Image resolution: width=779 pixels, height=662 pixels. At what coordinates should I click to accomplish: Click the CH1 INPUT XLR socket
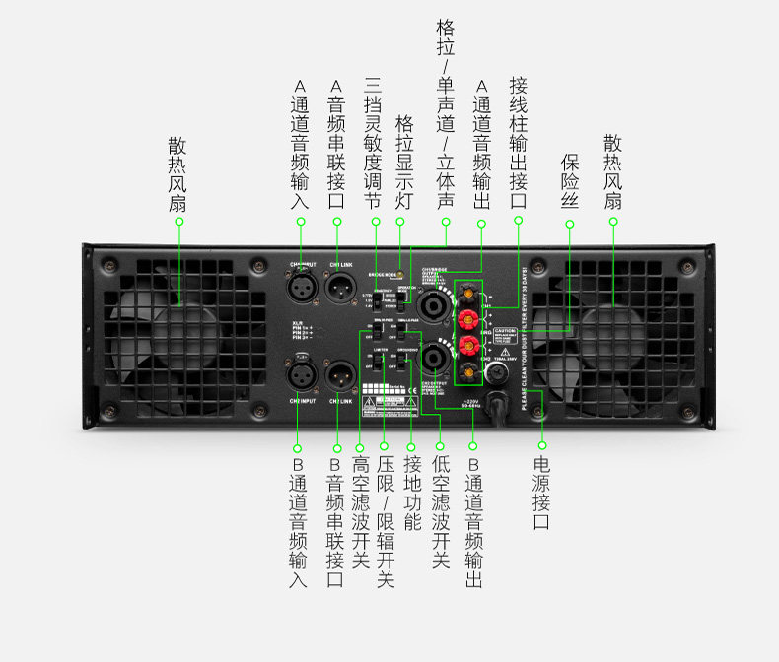(300, 288)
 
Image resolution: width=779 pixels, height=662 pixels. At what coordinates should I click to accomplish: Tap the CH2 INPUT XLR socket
(300, 375)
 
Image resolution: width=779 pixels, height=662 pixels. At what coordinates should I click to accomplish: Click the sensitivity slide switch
(377, 298)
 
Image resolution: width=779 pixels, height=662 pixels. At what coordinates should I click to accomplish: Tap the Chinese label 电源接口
(541, 493)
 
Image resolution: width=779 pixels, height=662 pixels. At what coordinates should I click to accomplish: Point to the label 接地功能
(411, 493)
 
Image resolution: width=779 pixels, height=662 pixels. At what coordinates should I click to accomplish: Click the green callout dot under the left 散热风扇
(178, 222)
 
